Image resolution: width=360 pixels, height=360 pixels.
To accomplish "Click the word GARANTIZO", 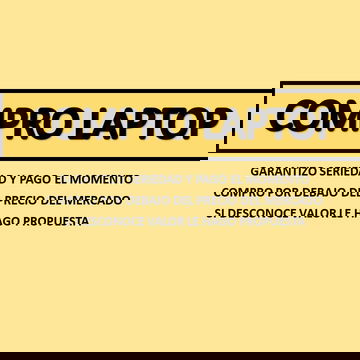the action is tap(284, 171).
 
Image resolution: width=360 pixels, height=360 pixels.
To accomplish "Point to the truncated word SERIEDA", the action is tap(340, 171).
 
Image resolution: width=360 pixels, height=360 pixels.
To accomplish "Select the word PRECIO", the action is tap(25, 200).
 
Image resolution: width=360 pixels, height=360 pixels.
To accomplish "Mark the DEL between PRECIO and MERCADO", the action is tap(60, 200).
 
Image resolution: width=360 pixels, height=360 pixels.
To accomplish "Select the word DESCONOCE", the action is tap(256, 212).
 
